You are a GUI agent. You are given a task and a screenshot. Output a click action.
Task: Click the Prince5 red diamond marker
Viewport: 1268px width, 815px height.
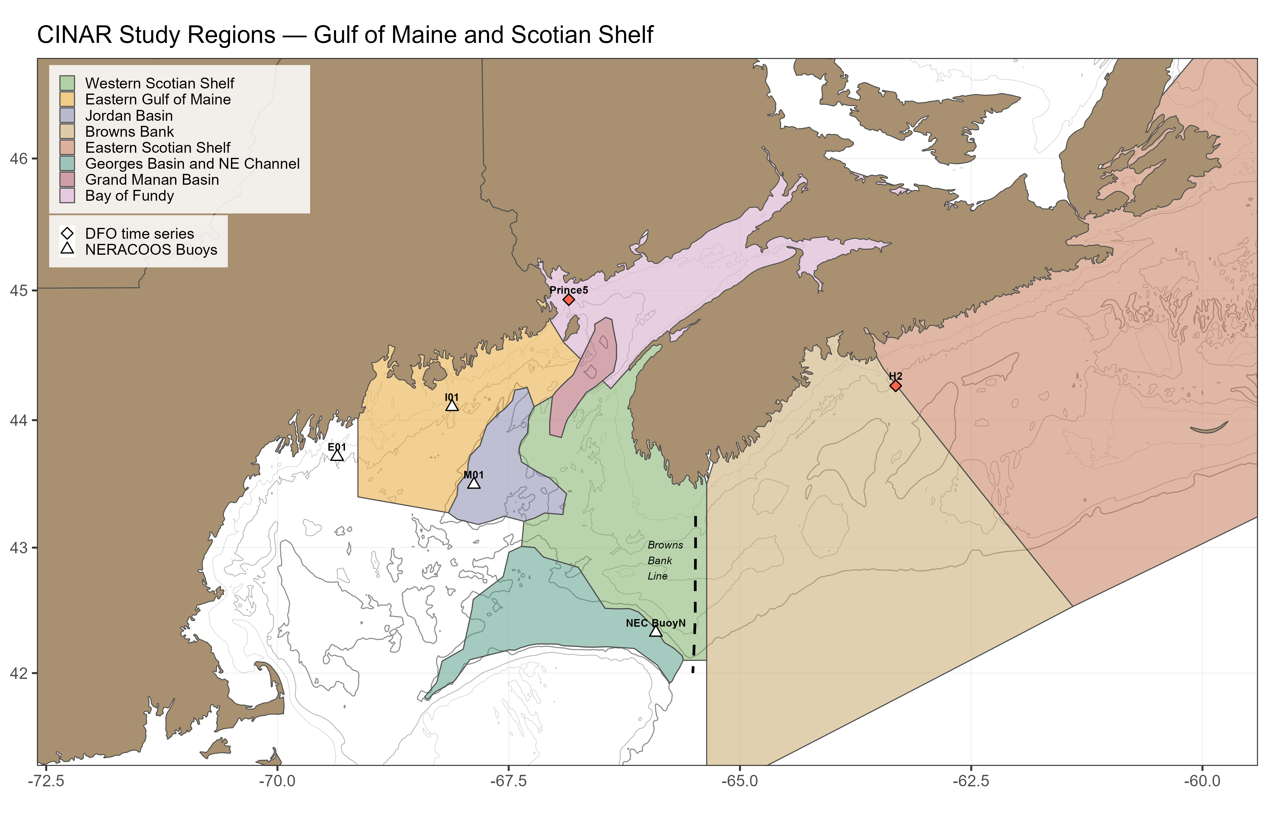pyautogui.click(x=568, y=299)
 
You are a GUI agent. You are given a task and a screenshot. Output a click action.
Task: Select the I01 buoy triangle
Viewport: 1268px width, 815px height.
pyautogui.click(x=451, y=405)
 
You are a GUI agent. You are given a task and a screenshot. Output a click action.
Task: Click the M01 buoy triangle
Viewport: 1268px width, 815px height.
pyautogui.click(x=474, y=483)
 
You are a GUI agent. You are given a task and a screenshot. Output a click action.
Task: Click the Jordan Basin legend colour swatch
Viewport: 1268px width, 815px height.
pyautogui.click(x=67, y=115)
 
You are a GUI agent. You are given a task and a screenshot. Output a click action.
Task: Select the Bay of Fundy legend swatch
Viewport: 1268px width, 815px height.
pyautogui.click(x=67, y=196)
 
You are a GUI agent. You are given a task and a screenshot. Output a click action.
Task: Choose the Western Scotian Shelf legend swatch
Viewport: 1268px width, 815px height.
pyautogui.click(x=67, y=83)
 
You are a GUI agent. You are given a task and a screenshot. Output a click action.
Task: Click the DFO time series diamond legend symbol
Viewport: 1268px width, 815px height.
pyautogui.click(x=67, y=233)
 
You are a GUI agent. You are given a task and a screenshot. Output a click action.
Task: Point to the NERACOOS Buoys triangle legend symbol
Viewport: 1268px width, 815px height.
pyautogui.click(x=67, y=249)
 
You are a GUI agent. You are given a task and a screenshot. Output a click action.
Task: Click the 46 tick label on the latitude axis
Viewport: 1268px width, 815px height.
pyautogui.click(x=18, y=159)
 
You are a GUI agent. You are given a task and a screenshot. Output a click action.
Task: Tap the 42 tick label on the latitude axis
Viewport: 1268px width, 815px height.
pyautogui.click(x=18, y=673)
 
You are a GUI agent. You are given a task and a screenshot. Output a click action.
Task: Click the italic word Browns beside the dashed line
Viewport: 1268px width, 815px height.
pyautogui.click(x=665, y=545)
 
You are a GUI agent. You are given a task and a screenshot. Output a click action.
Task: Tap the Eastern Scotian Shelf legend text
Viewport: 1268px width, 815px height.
pyautogui.click(x=158, y=148)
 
